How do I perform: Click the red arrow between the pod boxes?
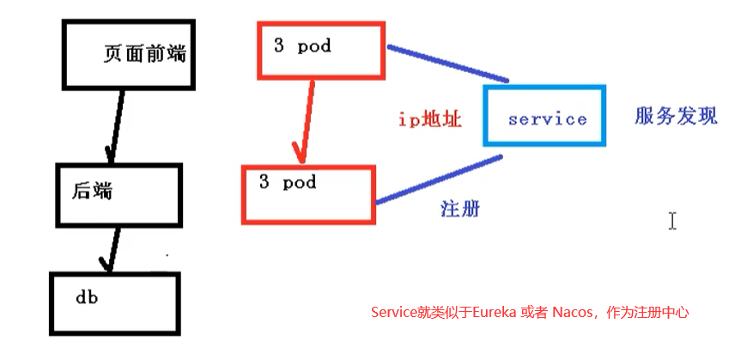[x=301, y=120]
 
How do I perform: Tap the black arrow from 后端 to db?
[x=111, y=249]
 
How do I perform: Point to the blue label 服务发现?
[x=676, y=117]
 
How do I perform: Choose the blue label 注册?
[x=459, y=210]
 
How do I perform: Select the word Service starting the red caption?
[x=391, y=312]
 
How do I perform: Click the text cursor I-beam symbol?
[x=672, y=221]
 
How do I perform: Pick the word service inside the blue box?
[x=547, y=119]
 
